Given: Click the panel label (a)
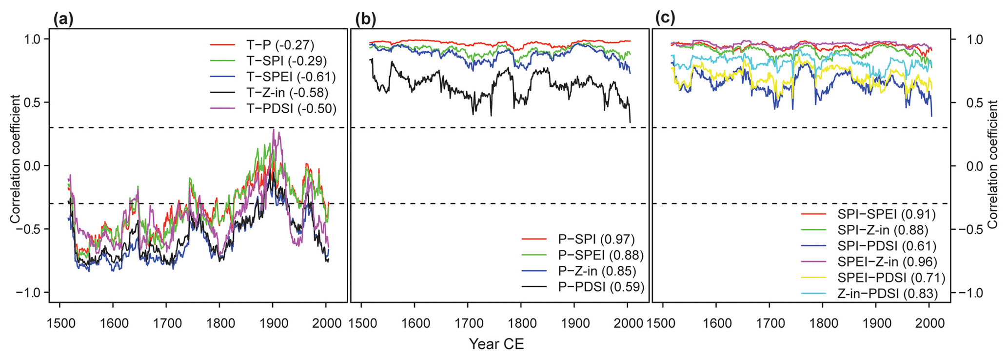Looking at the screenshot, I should point(63,19).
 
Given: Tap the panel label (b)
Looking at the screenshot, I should point(366,19).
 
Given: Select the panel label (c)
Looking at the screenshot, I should point(665,19).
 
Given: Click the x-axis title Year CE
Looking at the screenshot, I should point(496,344).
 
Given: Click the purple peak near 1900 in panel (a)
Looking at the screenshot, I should point(274,129).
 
